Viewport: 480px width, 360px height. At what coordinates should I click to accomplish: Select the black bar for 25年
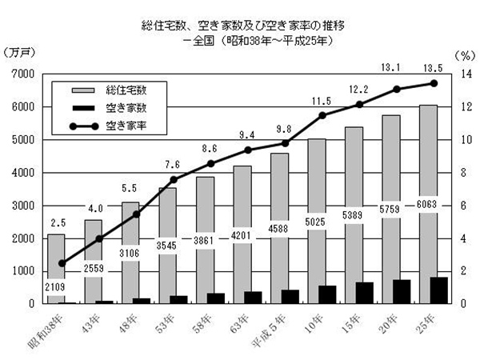438,290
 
